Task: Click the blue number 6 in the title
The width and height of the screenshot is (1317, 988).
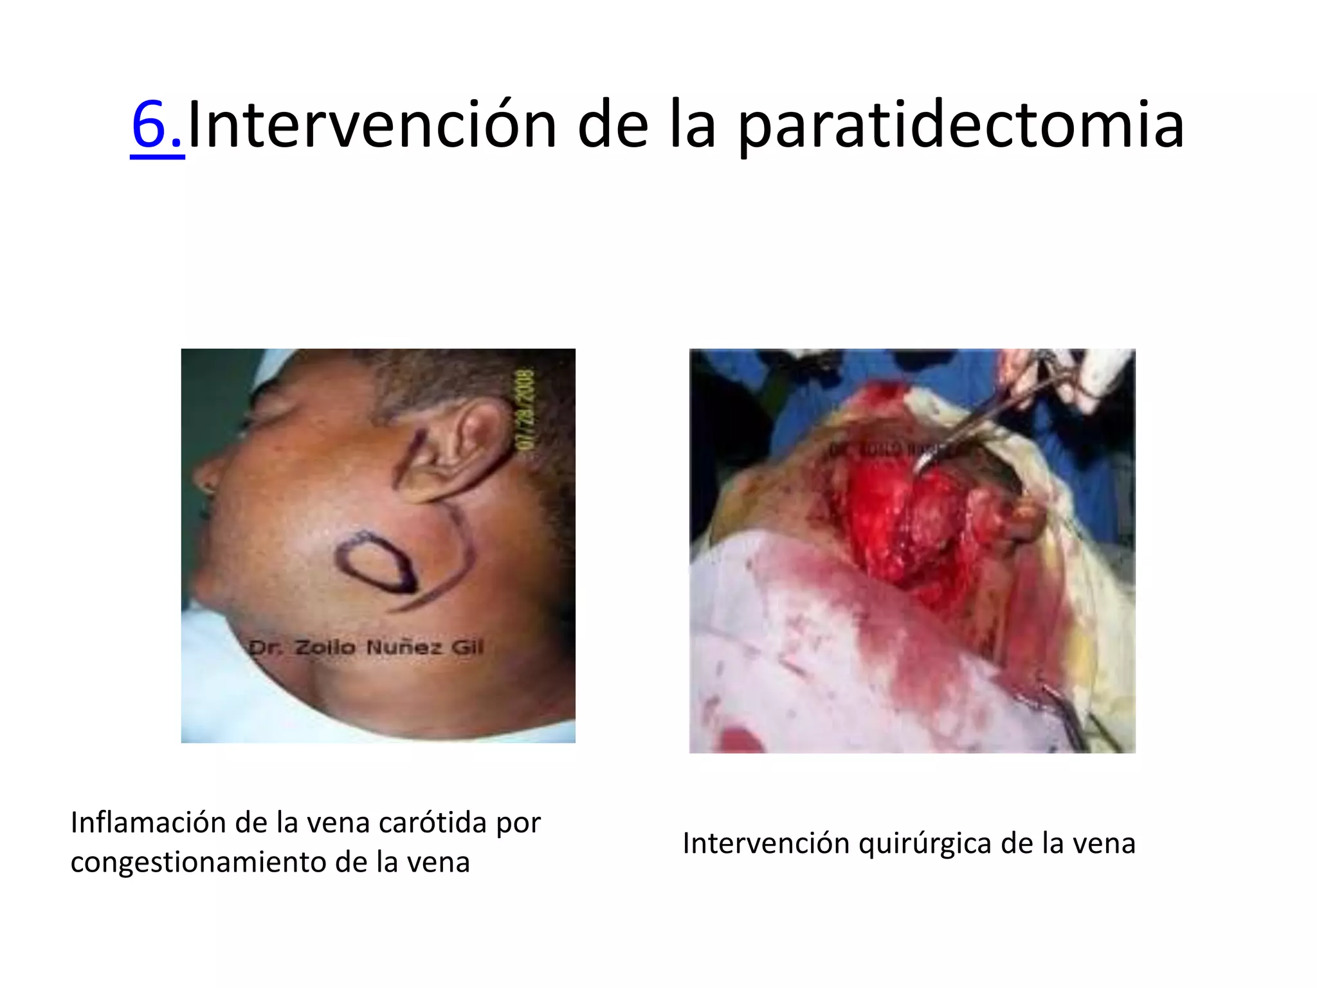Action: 149,125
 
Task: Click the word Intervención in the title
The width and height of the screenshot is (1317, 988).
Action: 372,125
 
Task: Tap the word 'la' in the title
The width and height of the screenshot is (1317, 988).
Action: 692,125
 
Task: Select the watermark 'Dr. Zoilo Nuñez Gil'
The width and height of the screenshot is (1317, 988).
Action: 366,647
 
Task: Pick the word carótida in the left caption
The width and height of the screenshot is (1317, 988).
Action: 433,823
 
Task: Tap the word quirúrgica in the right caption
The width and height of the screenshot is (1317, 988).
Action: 925,843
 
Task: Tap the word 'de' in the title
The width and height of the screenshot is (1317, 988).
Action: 613,125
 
